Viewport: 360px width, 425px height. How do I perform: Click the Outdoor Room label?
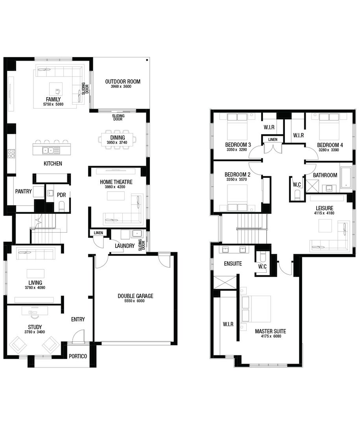pyautogui.click(x=122, y=82)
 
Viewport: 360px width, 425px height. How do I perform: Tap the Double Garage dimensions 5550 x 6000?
pyautogui.click(x=135, y=301)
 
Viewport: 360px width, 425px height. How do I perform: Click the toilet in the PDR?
pyautogui.click(x=61, y=206)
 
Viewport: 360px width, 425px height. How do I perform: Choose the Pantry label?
pyautogui.click(x=23, y=192)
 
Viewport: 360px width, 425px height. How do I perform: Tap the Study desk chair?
pyautogui.click(x=35, y=315)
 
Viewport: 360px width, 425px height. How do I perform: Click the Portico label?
pyautogui.click(x=78, y=357)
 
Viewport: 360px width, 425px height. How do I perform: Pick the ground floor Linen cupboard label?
pyautogui.click(x=98, y=233)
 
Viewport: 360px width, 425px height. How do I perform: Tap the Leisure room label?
pyautogui.click(x=324, y=208)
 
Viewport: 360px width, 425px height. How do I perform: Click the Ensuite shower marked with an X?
pyautogui.click(x=225, y=283)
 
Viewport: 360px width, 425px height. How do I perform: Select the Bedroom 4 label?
pyautogui.click(x=330, y=145)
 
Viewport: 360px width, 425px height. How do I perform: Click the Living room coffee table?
pyautogui.click(x=35, y=273)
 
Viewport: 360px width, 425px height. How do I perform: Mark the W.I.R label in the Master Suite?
pyautogui.click(x=228, y=325)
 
